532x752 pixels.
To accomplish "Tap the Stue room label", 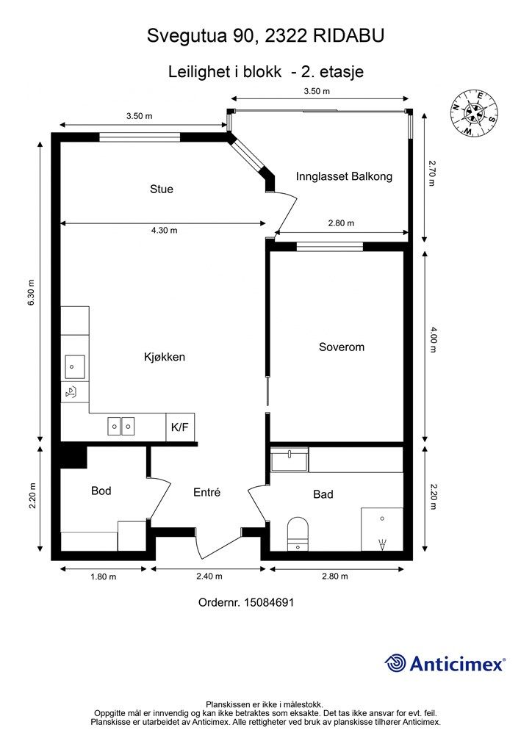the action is click(x=161, y=189).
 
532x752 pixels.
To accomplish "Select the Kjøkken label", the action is click(x=165, y=357).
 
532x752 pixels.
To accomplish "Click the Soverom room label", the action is click(x=342, y=347).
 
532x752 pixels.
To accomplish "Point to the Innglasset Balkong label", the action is click(x=344, y=176).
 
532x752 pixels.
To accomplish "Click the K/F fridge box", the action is click(x=180, y=427).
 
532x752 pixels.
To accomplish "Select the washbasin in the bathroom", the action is click(x=290, y=460).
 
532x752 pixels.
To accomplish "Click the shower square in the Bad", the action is click(x=382, y=529).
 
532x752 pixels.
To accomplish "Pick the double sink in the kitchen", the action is click(x=121, y=426).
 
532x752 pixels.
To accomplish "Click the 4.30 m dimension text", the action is click(x=164, y=230).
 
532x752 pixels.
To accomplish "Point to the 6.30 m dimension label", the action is click(x=32, y=292).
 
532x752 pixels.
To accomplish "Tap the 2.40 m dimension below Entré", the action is click(x=209, y=576).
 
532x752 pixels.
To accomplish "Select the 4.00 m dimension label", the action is click(x=433, y=339).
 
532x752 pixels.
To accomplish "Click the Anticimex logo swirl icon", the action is click(x=395, y=663).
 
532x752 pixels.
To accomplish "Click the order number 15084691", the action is click(x=269, y=602).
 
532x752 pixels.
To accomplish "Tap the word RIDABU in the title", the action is click(x=349, y=36).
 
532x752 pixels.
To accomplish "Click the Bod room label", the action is click(x=101, y=491).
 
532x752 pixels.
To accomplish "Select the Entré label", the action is click(x=206, y=492).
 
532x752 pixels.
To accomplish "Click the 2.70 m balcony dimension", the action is click(x=431, y=173).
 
